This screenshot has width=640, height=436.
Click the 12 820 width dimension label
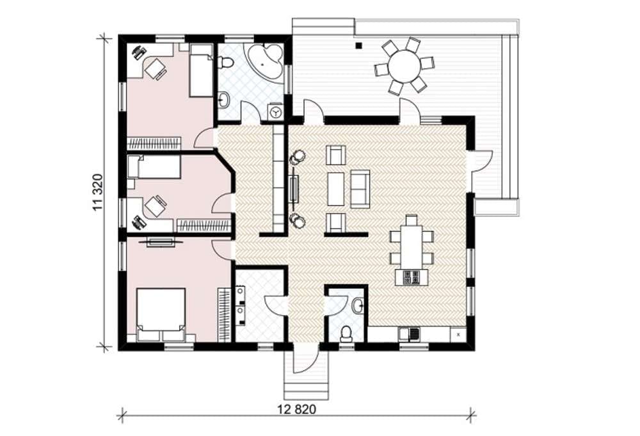point(297,409)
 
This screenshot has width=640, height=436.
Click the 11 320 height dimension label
point(98,192)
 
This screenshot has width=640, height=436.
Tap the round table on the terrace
point(404,66)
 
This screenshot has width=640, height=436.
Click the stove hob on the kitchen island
point(411,278)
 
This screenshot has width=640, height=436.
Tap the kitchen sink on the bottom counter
point(410,334)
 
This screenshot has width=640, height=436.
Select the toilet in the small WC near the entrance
point(346,333)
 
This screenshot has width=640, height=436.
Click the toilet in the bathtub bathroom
point(225,63)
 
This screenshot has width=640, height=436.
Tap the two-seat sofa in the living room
point(360,189)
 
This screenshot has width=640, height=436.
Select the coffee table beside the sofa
point(335,189)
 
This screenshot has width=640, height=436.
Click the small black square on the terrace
point(359,45)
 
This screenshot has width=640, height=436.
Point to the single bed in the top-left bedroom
point(201,70)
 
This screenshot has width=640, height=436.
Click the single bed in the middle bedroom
point(154,166)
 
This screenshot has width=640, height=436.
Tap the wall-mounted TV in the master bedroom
point(161,241)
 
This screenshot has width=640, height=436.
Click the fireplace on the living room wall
point(294,189)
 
